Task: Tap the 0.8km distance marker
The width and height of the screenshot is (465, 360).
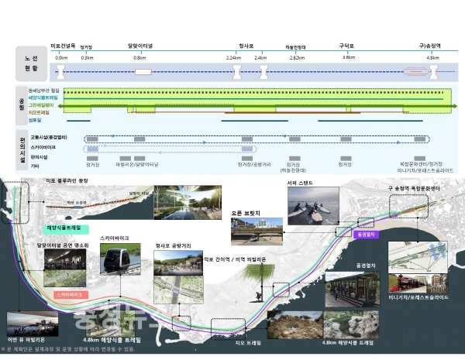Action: point(139,57)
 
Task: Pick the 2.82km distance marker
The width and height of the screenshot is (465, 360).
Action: point(297,57)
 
